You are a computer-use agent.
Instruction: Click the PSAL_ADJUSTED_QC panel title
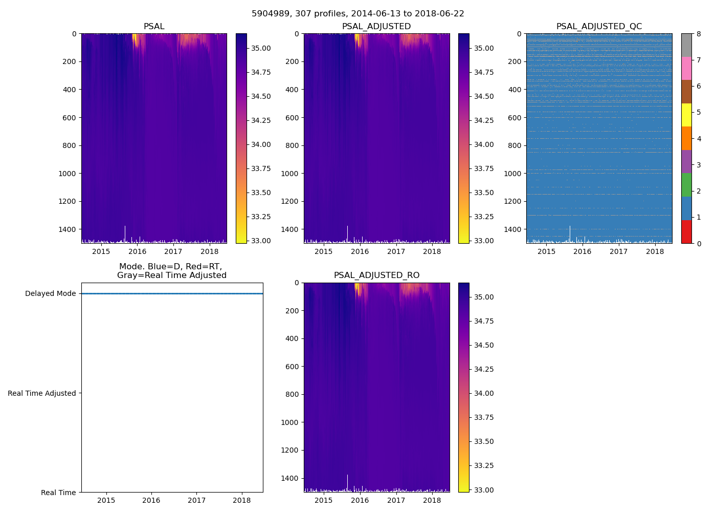(x=599, y=27)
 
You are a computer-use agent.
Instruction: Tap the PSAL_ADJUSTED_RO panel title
(x=376, y=275)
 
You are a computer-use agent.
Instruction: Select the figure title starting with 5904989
(x=358, y=14)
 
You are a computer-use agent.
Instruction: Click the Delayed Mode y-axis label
(x=50, y=294)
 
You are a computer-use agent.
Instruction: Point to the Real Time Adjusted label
(x=42, y=393)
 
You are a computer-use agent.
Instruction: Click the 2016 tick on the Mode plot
(x=151, y=500)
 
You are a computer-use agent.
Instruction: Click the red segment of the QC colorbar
(x=686, y=231)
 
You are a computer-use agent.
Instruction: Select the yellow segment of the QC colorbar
(x=686, y=115)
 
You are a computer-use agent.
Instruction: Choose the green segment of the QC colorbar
(x=686, y=185)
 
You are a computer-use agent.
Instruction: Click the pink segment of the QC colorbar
(x=686, y=68)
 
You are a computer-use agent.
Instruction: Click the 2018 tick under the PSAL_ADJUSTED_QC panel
(x=655, y=251)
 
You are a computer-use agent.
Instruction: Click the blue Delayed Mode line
(x=172, y=293)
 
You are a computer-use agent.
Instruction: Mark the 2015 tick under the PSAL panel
(x=101, y=251)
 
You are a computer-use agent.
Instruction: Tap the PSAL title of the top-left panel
(x=154, y=27)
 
